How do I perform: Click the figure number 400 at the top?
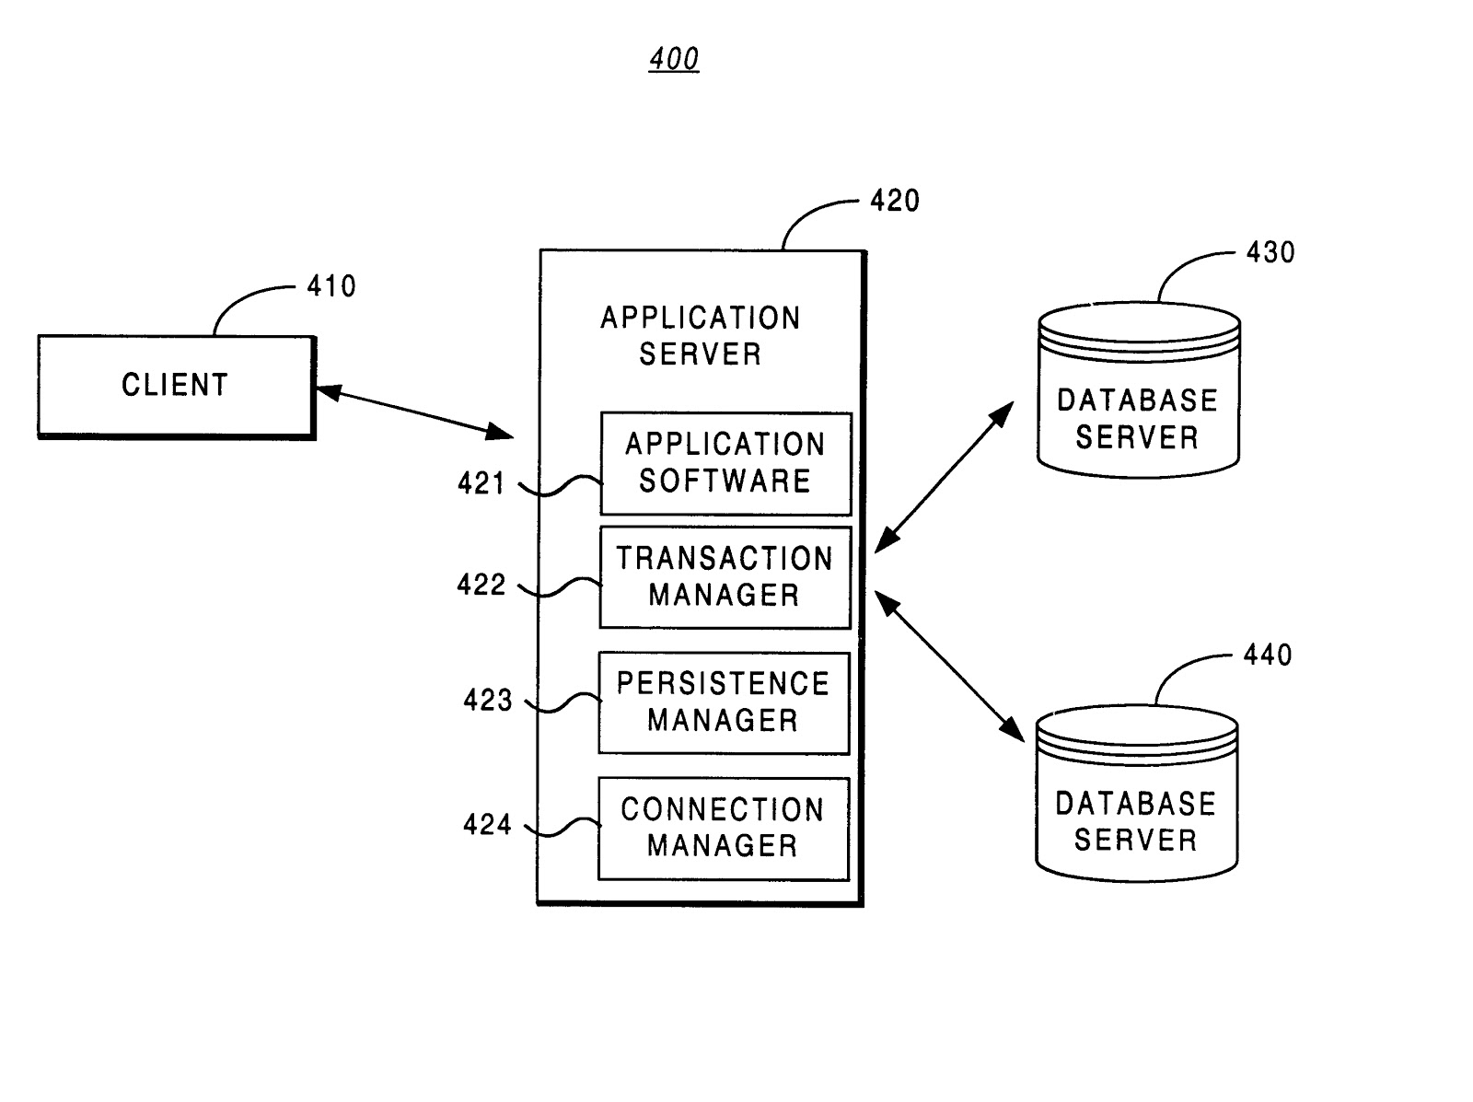pos(674,60)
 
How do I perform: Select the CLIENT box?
pos(176,386)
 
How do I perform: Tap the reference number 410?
pos(331,286)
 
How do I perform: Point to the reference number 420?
pos(895,201)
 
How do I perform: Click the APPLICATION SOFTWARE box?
pos(725,463)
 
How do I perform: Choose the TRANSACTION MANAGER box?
pos(725,577)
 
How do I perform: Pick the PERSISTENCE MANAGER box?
pos(724,702)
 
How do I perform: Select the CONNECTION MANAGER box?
pos(723,828)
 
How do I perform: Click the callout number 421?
pos(481,483)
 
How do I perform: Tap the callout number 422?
pos(481,585)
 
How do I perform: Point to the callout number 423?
pos(488,701)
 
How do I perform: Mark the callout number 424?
pos(487,824)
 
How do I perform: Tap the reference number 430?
pos(1270,252)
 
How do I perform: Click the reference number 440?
pos(1268,655)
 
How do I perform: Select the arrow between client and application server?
pos(414,411)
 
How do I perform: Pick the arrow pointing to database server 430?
pos(944,477)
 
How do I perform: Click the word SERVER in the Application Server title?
pos(701,354)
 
